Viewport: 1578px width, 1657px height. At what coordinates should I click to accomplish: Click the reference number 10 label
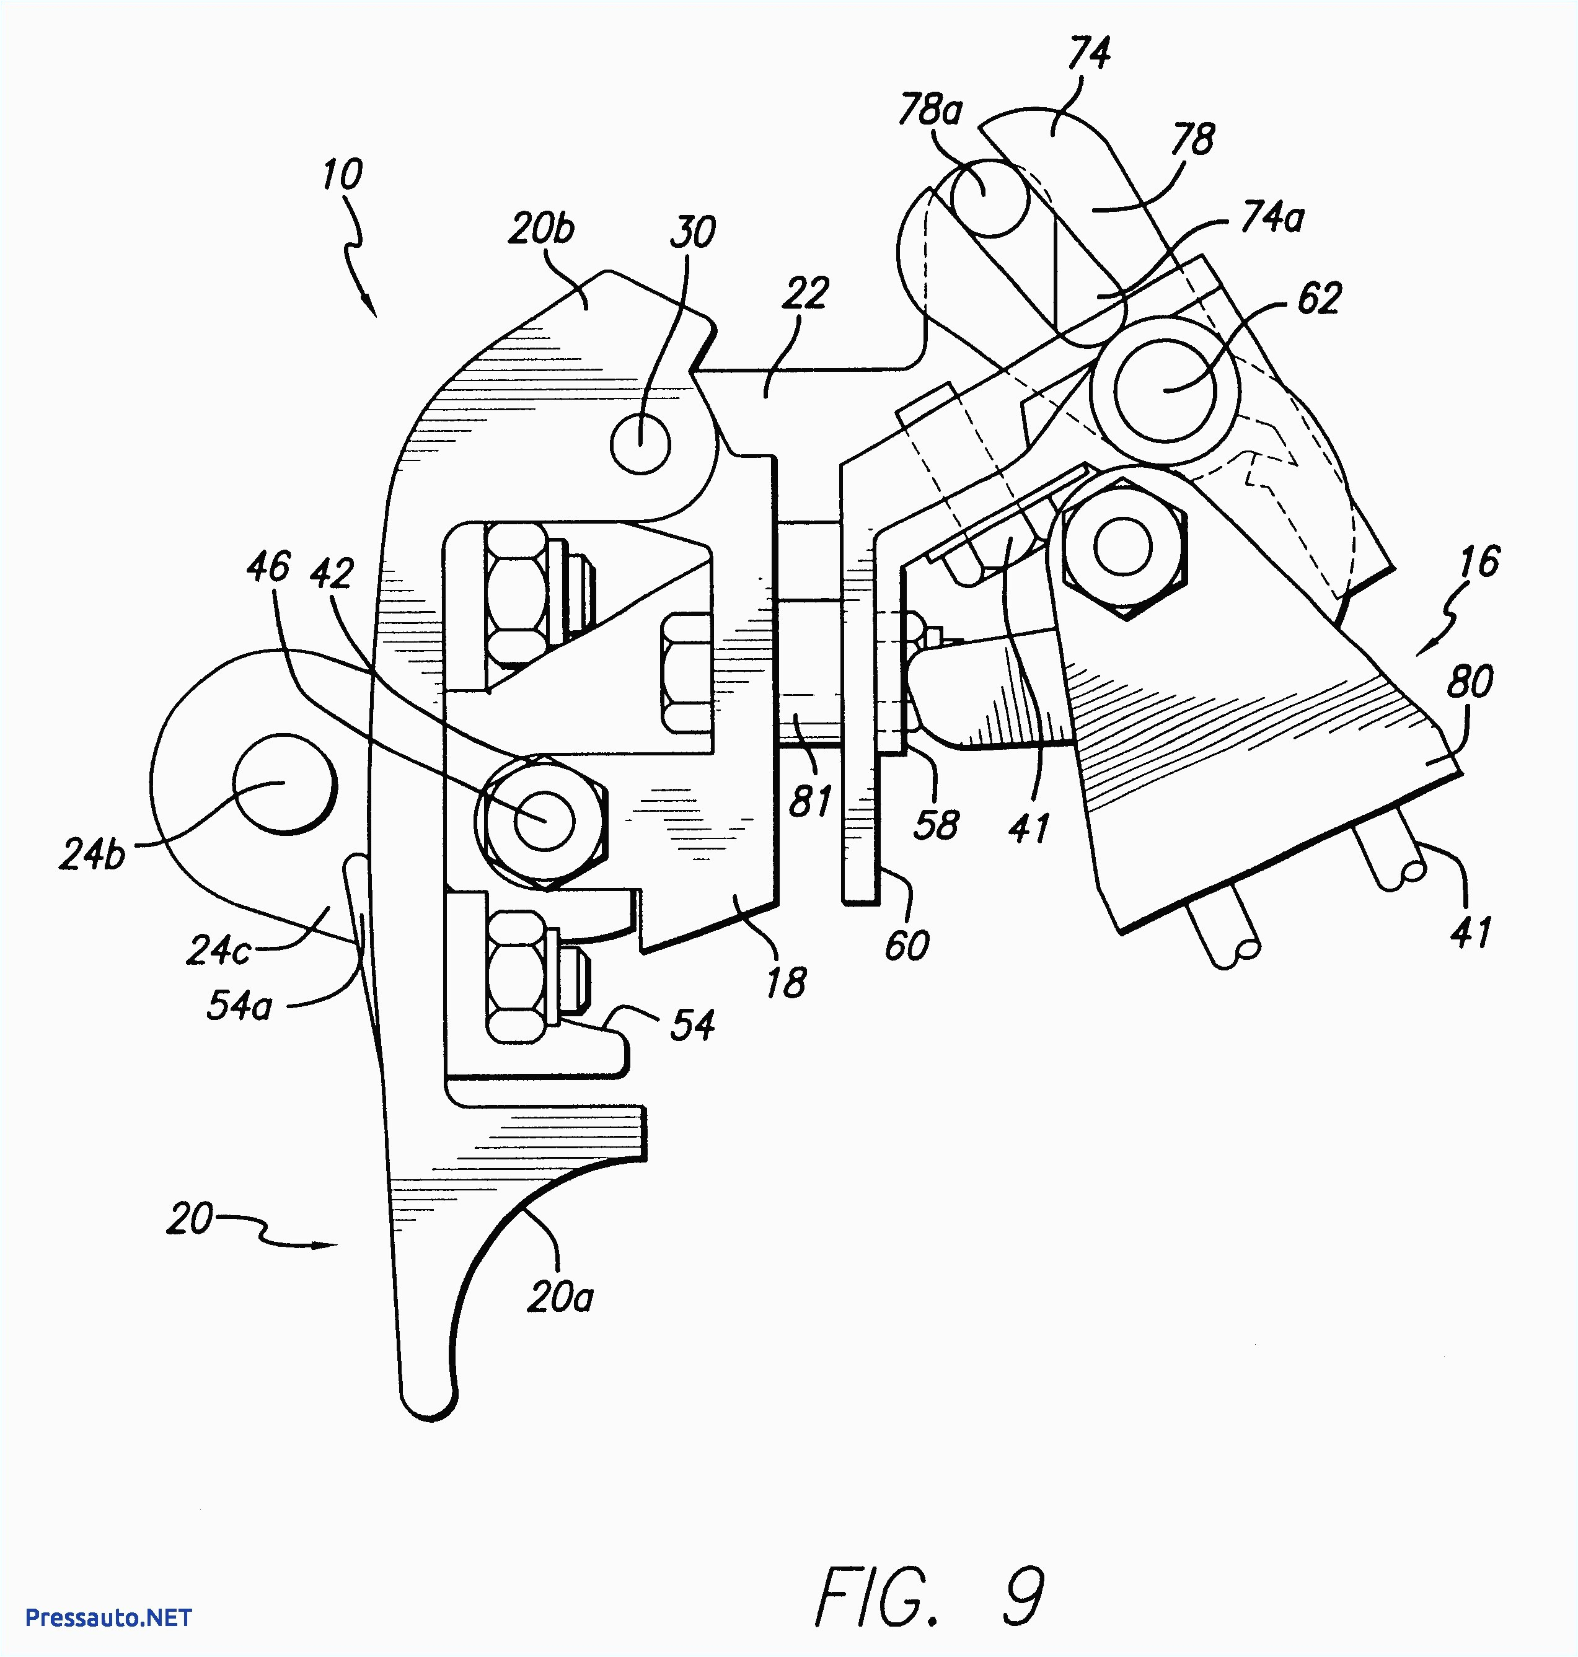tap(342, 174)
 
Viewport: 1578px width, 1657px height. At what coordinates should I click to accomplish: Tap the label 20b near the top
tap(541, 228)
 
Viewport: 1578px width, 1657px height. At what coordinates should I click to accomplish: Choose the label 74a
tap(1272, 218)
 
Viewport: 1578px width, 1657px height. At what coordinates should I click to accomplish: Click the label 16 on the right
tap(1479, 561)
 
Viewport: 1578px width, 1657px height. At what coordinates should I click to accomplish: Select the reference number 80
tap(1470, 681)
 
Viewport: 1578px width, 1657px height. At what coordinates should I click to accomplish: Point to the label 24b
tap(92, 855)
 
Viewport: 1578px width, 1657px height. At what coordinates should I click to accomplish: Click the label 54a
tap(239, 1005)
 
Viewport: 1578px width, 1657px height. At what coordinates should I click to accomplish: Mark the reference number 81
tap(810, 801)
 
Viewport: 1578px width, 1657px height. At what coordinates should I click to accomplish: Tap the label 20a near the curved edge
tap(560, 1297)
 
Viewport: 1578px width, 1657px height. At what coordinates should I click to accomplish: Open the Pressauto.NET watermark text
tap(108, 1617)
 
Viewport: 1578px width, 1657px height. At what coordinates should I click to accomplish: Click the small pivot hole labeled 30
tap(640, 442)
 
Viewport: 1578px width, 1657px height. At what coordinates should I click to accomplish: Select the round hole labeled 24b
tap(283, 784)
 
